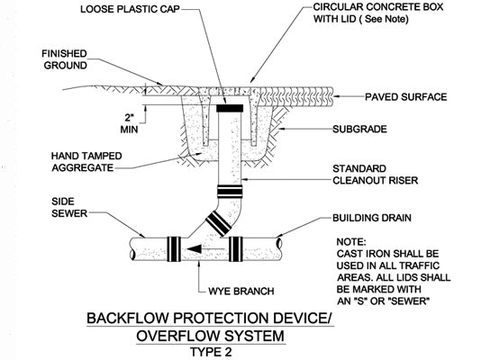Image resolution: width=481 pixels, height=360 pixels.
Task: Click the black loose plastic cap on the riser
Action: [x=230, y=108]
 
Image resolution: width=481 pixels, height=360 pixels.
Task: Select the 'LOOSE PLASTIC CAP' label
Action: [x=130, y=9]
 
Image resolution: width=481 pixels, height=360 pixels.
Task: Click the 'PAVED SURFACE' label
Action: [x=406, y=97]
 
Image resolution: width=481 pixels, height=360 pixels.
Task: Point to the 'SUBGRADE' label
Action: [x=359, y=129]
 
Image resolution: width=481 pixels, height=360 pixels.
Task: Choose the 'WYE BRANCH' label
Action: [x=241, y=291]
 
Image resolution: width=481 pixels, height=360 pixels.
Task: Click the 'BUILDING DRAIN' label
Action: [x=372, y=218]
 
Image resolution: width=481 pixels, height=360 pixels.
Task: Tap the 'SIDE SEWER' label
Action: [x=69, y=207]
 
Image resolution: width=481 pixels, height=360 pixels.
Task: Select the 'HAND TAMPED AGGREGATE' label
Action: [x=86, y=162]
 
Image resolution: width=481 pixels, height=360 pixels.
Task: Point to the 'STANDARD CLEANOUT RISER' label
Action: [x=376, y=175]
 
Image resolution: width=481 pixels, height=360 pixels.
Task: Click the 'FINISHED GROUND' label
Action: [x=65, y=59]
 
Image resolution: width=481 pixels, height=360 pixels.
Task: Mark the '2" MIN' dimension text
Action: [x=129, y=123]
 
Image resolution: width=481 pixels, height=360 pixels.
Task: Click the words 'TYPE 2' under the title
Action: [x=211, y=352]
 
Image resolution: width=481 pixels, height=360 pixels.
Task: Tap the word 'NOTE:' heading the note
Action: [x=351, y=242]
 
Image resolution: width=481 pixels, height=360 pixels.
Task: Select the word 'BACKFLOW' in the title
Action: [x=128, y=318]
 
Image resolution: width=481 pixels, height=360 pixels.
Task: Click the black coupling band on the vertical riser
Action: [x=230, y=191]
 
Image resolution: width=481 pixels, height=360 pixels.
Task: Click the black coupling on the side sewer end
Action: [x=173, y=249]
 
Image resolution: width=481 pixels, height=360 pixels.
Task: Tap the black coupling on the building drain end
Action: [x=236, y=249]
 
